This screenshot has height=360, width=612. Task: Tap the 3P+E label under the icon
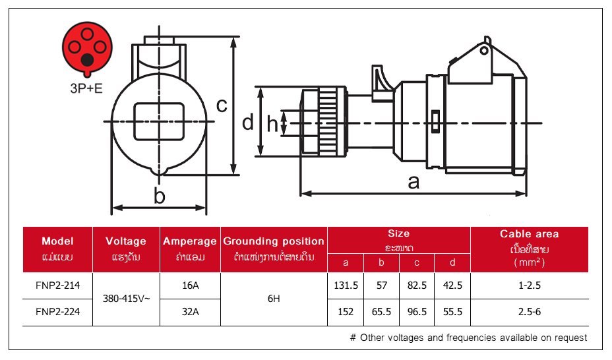pyautogui.click(x=87, y=88)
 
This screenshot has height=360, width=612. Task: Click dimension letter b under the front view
pyautogui.click(x=159, y=195)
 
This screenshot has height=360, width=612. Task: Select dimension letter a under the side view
pyautogui.click(x=413, y=182)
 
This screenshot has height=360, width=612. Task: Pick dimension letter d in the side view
pyautogui.click(x=247, y=123)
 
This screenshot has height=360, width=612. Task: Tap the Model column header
pyautogui.click(x=57, y=241)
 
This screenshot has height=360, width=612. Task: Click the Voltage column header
pyautogui.click(x=126, y=241)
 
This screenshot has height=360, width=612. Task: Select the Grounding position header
pyautogui.click(x=274, y=241)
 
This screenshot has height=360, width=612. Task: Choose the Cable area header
pyautogui.click(x=529, y=234)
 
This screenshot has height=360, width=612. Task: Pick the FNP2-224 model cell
pyautogui.click(x=57, y=312)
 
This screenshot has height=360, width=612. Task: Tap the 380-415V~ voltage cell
pyautogui.click(x=126, y=299)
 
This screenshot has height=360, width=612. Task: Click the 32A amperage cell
pyautogui.click(x=190, y=312)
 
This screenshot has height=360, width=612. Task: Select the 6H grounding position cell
pyautogui.click(x=274, y=299)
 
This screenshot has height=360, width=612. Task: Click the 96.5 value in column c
pyautogui.click(x=417, y=312)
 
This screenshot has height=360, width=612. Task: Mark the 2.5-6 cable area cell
pyautogui.click(x=529, y=312)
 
